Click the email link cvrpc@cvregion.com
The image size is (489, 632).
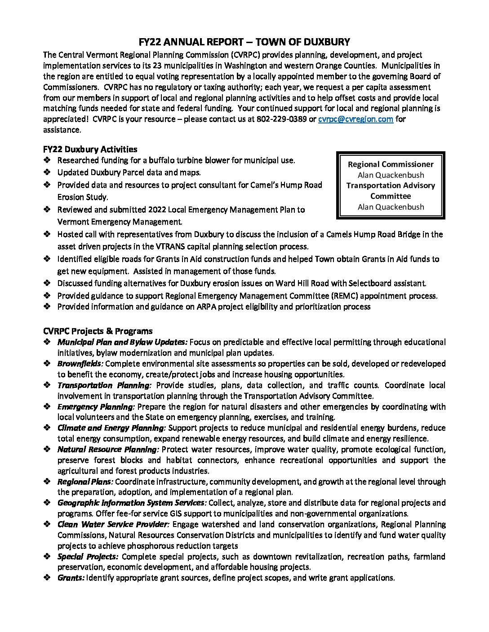coord(356,119)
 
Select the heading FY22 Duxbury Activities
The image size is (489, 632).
coord(90,149)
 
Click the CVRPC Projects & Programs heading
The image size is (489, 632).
coord(98,331)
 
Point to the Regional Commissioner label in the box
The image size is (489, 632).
coord(391,164)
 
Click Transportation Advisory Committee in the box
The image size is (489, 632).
coord(391,191)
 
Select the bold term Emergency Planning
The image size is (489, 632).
coord(96,407)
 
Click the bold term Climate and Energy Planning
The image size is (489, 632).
coord(111,428)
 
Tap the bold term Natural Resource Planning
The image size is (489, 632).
coord(108,449)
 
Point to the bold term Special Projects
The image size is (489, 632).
coord(88,557)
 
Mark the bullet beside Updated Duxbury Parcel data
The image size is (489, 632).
coord(47,172)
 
